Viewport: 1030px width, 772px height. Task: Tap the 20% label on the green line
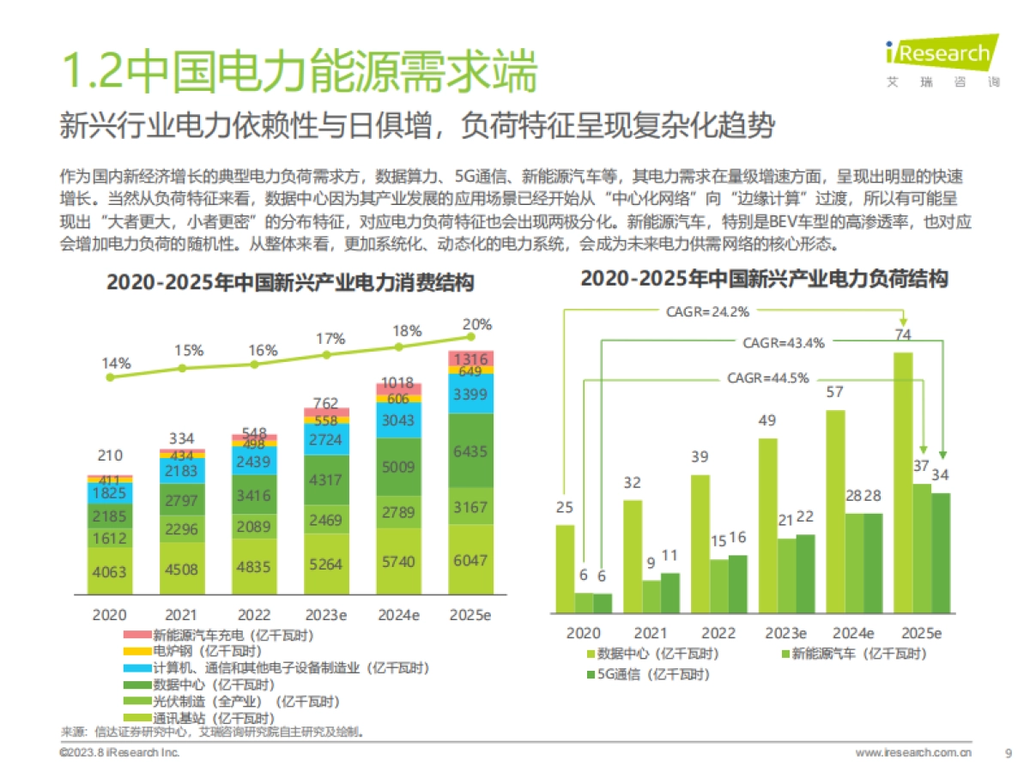click(477, 325)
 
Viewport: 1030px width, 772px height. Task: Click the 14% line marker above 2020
click(109, 377)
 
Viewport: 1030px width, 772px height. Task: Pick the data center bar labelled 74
click(902, 480)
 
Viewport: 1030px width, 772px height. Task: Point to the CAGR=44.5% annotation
click(767, 378)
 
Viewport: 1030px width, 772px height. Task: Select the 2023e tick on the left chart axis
click(326, 615)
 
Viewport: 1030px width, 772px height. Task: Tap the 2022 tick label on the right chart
click(718, 634)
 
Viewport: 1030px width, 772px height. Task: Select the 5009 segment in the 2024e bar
click(398, 467)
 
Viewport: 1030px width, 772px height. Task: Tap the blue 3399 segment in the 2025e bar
click(470, 394)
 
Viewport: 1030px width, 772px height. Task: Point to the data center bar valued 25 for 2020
click(565, 569)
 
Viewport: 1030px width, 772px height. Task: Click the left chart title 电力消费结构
click(290, 283)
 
